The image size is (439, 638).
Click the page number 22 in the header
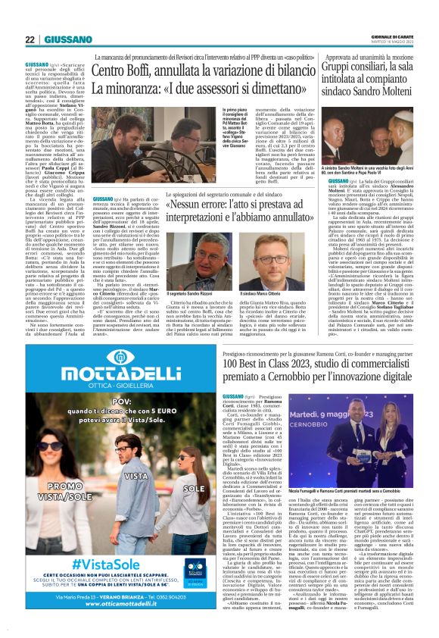(x=30, y=39)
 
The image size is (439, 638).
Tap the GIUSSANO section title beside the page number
(x=67, y=39)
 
